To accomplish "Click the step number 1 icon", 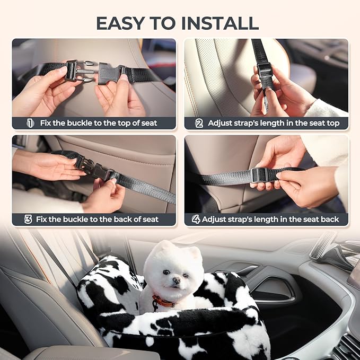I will pyautogui.click(x=30, y=123).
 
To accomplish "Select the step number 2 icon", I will pyautogui.click(x=199, y=123).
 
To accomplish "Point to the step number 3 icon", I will pyautogui.click(x=28, y=219).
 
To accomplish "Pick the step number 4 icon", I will pyautogui.click(x=196, y=219).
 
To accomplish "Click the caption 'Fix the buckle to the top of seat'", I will pyautogui.click(x=99, y=123).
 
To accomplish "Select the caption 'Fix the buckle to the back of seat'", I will pyautogui.click(x=98, y=219).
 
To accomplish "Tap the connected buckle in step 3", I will pyautogui.click(x=95, y=170).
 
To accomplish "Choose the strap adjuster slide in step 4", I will pyautogui.click(x=259, y=175).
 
